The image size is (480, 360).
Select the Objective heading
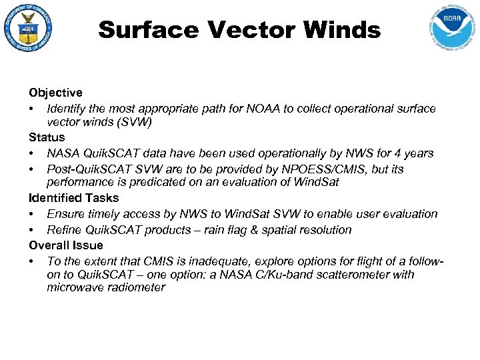click(55, 93)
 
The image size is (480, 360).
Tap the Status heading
click(47, 137)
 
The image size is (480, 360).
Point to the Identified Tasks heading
click(73, 198)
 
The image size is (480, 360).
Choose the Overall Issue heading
click(66, 245)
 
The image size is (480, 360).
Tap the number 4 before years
click(398, 153)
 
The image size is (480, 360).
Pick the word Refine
click(64, 229)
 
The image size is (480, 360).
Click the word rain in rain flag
click(247, 229)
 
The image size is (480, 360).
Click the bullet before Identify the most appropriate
click(31, 108)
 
